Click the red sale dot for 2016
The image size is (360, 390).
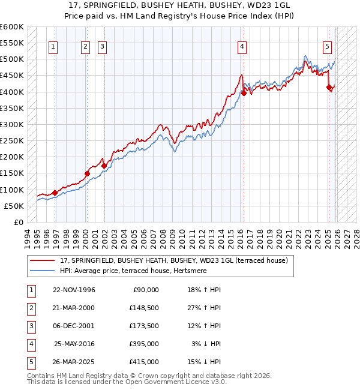pos(244,93)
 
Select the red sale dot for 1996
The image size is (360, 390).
pos(55,193)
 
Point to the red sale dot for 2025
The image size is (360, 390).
pos(329,87)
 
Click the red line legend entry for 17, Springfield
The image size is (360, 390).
pos(174,260)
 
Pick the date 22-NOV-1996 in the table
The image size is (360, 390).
pos(74,290)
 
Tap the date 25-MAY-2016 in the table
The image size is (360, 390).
pos(74,344)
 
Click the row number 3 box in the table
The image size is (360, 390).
pos(31,326)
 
